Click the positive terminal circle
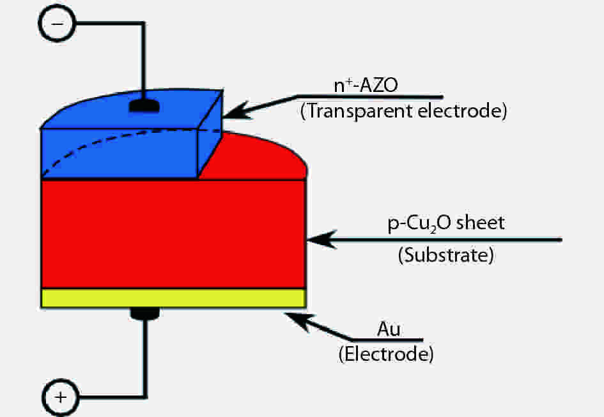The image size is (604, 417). pyautogui.click(x=61, y=397)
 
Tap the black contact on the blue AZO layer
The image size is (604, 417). pyautogui.click(x=145, y=105)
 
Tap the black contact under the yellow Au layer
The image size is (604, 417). pyautogui.click(x=146, y=313)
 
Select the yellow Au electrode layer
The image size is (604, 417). pyautogui.click(x=173, y=298)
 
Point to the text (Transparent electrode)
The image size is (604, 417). pyautogui.click(x=403, y=111)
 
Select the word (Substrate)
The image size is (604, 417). pyautogui.click(x=445, y=256)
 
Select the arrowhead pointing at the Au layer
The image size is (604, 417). pyautogui.click(x=297, y=319)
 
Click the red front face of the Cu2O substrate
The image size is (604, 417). pyautogui.click(x=173, y=234)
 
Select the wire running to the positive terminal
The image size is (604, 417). pyautogui.click(x=146, y=364)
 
